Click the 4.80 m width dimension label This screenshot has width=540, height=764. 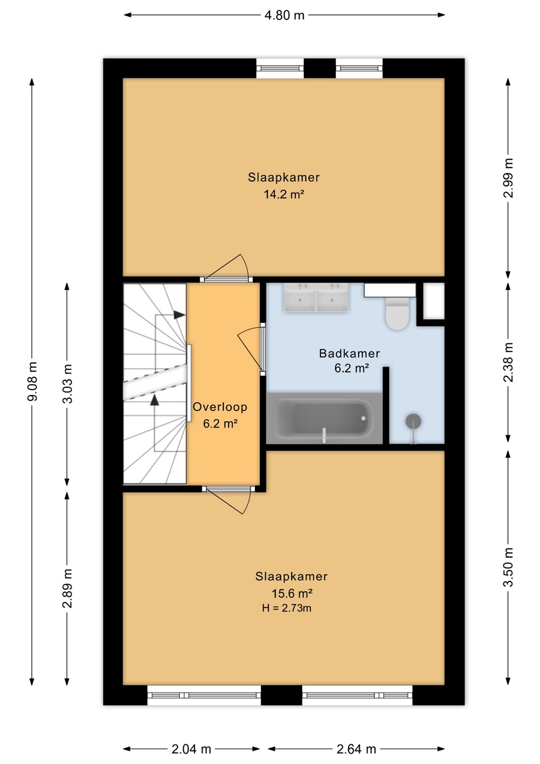click(x=284, y=15)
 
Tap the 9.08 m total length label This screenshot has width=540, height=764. click(x=33, y=382)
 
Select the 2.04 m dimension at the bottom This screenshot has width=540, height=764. click(x=191, y=749)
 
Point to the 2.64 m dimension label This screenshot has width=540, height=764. click(x=356, y=749)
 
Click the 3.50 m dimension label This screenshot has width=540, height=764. click(x=508, y=567)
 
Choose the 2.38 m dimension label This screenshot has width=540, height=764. click(x=508, y=362)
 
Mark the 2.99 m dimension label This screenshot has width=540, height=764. click(x=508, y=178)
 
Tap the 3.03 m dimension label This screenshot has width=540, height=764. click(x=68, y=384)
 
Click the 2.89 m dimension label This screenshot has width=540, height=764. click(x=68, y=588)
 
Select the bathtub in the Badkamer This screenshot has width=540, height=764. click(x=324, y=418)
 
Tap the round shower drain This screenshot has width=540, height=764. click(x=413, y=421)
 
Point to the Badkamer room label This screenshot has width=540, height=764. click(x=350, y=353)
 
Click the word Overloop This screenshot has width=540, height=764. click(x=220, y=406)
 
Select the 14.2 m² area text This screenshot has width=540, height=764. click(x=284, y=194)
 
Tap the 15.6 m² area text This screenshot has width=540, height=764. click(x=292, y=594)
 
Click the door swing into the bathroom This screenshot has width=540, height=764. click(x=250, y=348)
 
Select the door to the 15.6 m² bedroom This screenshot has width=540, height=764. click(x=229, y=499)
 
